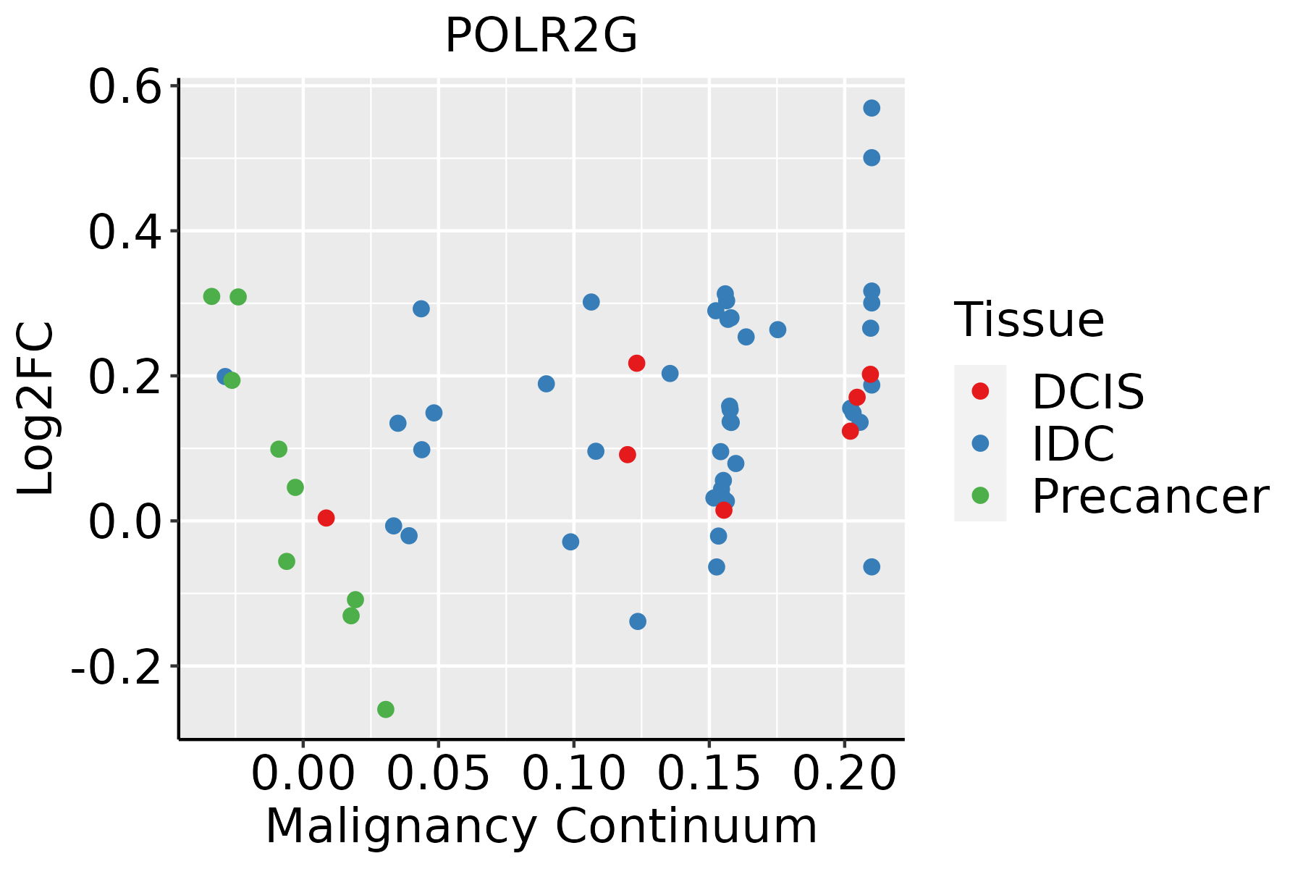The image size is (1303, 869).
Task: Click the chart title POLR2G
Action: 541,36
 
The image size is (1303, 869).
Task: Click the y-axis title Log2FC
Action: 36,409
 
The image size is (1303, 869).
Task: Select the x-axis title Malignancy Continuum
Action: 541,826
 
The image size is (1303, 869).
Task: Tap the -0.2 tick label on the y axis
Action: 115,668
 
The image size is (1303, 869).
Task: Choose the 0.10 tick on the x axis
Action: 573,774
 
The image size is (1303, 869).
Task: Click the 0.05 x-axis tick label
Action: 438,774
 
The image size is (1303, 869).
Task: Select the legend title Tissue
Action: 1029,320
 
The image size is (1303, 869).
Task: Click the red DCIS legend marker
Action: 980,391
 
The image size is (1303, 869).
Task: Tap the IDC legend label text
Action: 1073,444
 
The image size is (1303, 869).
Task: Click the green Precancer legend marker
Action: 980,495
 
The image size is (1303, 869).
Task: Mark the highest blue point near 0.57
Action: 872,108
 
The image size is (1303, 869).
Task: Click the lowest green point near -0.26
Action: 386,709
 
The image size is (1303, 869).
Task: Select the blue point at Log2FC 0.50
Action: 872,158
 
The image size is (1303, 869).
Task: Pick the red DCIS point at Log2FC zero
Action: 326,518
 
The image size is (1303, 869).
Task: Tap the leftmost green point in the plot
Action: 211,296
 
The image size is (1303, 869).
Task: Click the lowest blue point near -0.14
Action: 638,621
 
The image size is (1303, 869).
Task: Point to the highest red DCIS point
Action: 636,363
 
